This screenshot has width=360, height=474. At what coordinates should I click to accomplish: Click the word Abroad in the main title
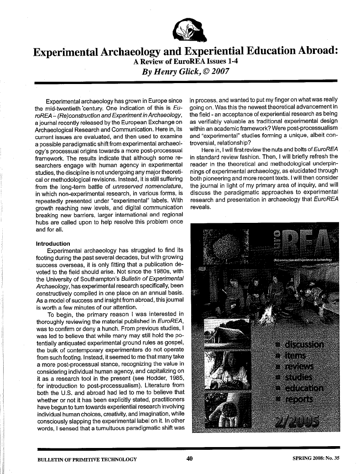click(x=312, y=50)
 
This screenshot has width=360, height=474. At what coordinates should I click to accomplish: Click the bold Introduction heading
click(x=53, y=243)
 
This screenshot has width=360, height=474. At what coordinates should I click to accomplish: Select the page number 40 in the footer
click(x=190, y=458)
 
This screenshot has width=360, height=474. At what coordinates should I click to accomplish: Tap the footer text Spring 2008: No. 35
click(x=307, y=458)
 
